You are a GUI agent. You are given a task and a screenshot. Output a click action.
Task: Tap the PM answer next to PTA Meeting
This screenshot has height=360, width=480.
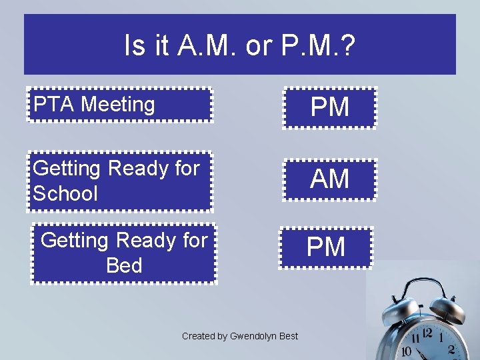pyautogui.click(x=330, y=107)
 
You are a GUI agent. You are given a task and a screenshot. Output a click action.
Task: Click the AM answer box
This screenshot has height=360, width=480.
pyautogui.click(x=330, y=179)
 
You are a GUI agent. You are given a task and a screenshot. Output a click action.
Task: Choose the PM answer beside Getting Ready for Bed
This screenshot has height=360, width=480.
pyautogui.click(x=326, y=247)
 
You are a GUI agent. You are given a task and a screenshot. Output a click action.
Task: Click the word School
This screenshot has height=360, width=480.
pyautogui.click(x=65, y=194)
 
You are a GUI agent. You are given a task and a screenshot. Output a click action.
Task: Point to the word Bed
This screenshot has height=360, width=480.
pyautogui.click(x=124, y=265)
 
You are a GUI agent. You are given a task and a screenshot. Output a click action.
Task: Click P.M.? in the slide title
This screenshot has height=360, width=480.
pyautogui.click(x=319, y=46)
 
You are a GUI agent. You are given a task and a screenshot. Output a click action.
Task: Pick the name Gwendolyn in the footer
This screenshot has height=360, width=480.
pyautogui.click(x=253, y=336)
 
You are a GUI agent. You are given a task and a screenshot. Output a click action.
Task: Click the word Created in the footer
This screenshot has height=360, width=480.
pyautogui.click(x=199, y=336)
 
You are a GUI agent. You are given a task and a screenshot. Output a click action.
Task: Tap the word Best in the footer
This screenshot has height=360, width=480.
pyautogui.click(x=288, y=336)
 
